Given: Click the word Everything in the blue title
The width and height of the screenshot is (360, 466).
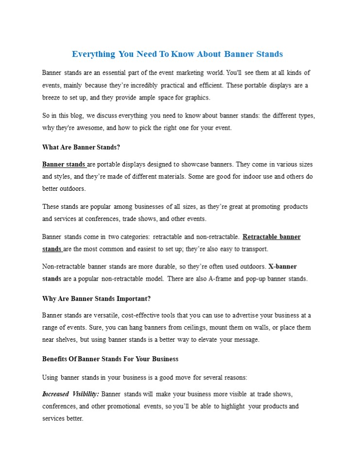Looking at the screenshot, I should pyautogui.click(x=94, y=54).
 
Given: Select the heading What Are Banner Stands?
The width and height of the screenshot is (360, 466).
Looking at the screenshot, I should pyautogui.click(x=81, y=147).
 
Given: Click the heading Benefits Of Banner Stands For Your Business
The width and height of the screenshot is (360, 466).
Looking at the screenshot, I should pyautogui.click(x=110, y=359).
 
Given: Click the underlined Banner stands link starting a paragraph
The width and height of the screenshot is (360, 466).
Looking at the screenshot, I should pyautogui.click(x=64, y=164).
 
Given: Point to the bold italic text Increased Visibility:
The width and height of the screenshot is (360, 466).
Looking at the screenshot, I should pyautogui.click(x=71, y=394).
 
